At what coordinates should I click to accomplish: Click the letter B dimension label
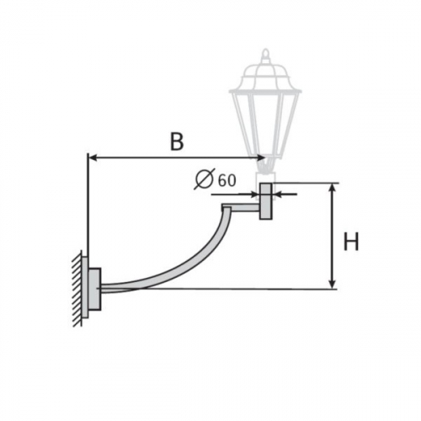[x=177, y=141]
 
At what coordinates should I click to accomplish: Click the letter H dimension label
[x=351, y=242]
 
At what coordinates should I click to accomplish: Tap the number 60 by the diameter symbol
[x=227, y=180]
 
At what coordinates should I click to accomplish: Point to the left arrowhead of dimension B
[x=93, y=158]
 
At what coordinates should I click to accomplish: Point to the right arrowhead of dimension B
[x=260, y=158]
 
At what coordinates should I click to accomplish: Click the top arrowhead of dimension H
[x=333, y=188]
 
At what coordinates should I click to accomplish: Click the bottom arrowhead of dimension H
[x=333, y=284]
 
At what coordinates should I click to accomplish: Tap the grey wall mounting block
[x=94, y=289]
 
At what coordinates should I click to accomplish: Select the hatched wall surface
[x=77, y=289]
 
